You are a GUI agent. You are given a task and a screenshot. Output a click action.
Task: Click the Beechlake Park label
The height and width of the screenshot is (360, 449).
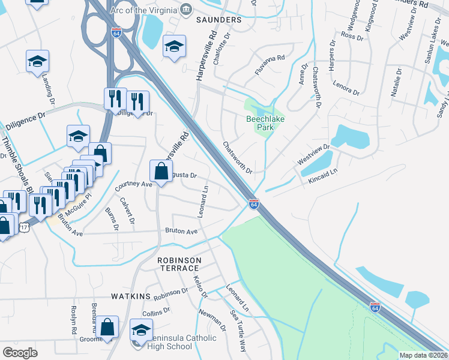[261, 123]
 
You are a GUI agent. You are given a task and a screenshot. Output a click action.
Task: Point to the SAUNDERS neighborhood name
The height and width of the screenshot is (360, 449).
[218, 20]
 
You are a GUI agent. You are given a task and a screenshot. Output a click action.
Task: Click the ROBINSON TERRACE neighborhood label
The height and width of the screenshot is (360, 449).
[178, 265]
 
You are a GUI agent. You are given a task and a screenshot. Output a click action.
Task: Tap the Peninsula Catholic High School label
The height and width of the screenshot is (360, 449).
[178, 342]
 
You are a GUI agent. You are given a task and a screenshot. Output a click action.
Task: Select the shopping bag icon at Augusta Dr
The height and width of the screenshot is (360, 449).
[161, 172]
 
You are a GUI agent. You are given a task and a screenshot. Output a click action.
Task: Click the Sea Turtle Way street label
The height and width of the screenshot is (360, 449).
[238, 331]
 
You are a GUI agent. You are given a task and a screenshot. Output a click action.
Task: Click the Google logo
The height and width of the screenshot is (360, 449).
[20, 352]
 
